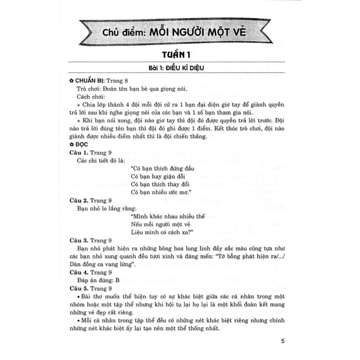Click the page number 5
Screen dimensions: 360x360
tap(282, 341)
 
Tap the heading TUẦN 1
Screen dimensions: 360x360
tap(179, 56)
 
